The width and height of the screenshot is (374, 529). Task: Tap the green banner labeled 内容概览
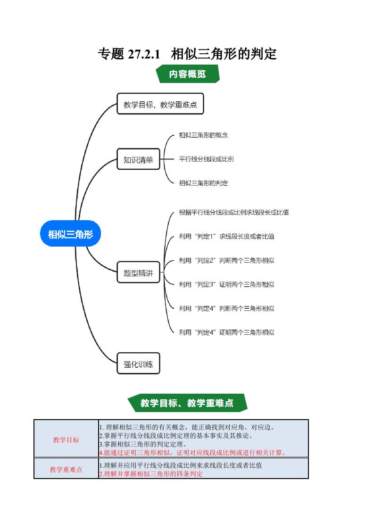click(187, 74)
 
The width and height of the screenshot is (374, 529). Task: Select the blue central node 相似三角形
click(71, 233)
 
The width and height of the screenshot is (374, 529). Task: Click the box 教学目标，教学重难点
click(160, 105)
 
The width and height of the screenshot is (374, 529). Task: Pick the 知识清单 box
click(139, 160)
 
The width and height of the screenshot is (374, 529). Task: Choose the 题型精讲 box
click(139, 273)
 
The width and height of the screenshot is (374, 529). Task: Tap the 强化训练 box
click(139, 364)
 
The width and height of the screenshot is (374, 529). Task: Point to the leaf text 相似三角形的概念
click(204, 135)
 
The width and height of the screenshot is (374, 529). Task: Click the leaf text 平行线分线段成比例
click(207, 159)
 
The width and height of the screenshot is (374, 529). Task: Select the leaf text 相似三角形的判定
click(204, 183)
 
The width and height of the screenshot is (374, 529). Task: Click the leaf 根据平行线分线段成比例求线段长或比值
click(234, 212)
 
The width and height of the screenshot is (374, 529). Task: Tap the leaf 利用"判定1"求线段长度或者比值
click(226, 236)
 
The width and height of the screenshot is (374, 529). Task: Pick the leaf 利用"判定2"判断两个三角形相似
click(226, 260)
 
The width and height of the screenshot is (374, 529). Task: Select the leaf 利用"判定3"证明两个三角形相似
click(226, 284)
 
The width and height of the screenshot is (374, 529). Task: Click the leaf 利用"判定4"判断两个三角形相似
click(226, 308)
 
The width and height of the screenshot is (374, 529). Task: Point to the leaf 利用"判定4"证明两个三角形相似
click(226, 332)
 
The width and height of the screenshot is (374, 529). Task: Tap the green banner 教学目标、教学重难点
click(187, 403)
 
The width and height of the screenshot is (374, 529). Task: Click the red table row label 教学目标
click(66, 440)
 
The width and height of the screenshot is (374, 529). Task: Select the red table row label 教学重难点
click(66, 470)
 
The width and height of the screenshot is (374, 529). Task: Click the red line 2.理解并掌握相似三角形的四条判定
click(151, 474)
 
